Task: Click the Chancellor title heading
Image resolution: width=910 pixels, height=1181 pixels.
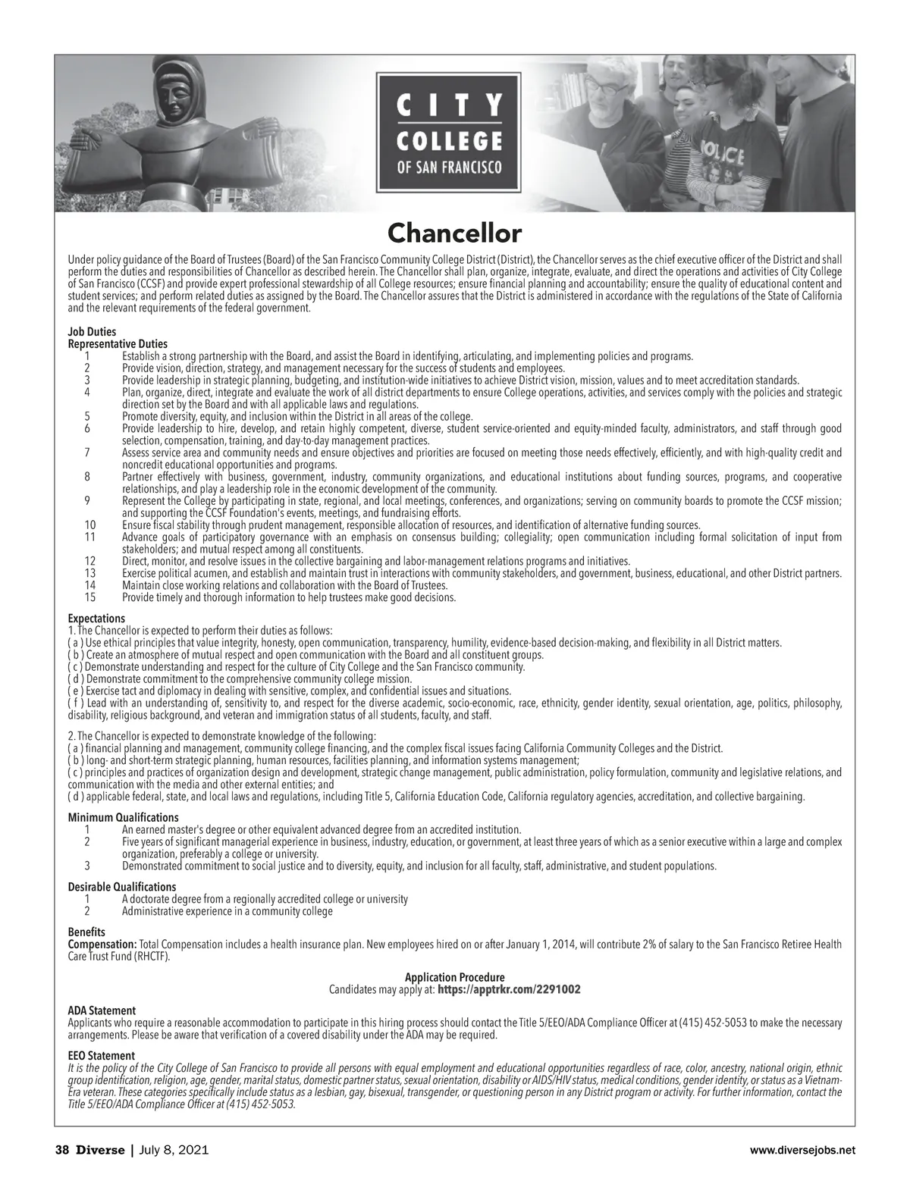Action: (x=454, y=232)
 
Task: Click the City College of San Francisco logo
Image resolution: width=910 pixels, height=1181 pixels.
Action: (x=449, y=130)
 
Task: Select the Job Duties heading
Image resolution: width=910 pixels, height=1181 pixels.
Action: (x=92, y=332)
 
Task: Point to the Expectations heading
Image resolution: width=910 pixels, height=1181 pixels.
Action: (x=96, y=619)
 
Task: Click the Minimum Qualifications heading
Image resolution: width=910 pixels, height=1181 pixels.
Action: (x=124, y=817)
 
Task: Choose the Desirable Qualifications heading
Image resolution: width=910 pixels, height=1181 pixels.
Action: (x=122, y=887)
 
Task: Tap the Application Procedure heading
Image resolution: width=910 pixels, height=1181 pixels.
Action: (x=454, y=978)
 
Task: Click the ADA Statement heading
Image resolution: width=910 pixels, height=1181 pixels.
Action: (x=102, y=1010)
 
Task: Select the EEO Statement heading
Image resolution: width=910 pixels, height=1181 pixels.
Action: (x=102, y=1055)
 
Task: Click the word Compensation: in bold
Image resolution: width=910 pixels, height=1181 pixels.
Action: (x=102, y=944)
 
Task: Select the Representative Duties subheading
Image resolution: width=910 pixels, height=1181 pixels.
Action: (x=118, y=344)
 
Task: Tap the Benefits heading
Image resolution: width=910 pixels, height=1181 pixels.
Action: (x=86, y=932)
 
